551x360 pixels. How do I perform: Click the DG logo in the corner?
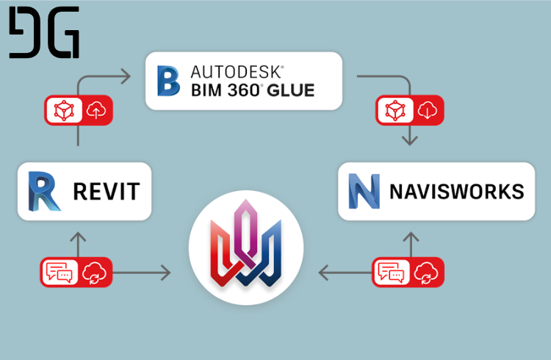point(44,32)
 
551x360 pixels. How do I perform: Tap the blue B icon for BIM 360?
point(169,81)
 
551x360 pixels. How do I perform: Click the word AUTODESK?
point(237,72)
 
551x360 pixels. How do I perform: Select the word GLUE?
point(291,90)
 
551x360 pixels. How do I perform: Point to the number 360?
point(243,90)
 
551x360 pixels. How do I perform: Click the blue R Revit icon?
point(44,191)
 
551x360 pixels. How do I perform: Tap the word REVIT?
point(107,192)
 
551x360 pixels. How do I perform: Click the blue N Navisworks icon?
point(364,191)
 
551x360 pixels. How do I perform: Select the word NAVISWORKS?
point(457,192)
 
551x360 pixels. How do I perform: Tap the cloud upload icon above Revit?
point(96,110)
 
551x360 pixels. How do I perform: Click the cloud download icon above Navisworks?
point(428,110)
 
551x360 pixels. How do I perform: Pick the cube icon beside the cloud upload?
point(64,110)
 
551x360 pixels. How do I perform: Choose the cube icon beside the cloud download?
point(395,110)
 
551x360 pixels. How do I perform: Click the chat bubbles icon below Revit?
point(59,272)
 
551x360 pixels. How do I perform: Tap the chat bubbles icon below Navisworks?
point(391,272)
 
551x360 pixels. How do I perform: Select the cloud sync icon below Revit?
point(94,273)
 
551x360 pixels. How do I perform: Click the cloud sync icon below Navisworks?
point(426,273)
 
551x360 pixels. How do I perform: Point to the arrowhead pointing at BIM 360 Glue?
point(126,76)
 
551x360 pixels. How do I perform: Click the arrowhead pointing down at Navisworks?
point(410,140)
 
